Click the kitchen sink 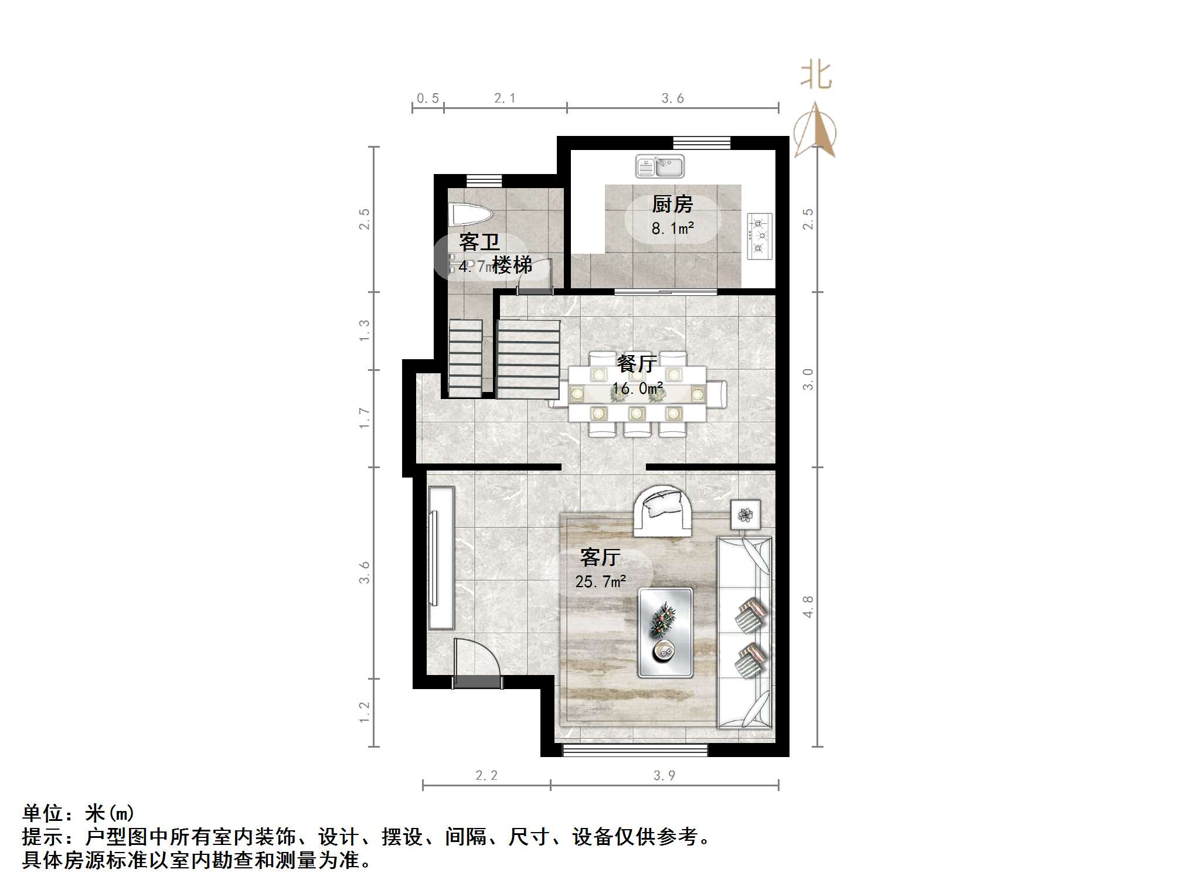[660, 166]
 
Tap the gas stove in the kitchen [760, 236]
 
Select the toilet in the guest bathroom [469, 214]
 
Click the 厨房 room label [672, 204]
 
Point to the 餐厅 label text [636, 364]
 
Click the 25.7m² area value [601, 581]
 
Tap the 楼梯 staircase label [512, 265]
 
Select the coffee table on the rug [665, 632]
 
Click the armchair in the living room [662, 510]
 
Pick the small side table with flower [746, 515]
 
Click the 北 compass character [816, 76]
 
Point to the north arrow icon [815, 131]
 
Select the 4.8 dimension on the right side [808, 606]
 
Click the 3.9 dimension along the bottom [664, 775]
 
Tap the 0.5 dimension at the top [428, 98]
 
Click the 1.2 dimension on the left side [364, 712]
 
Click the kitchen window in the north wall [701, 142]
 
